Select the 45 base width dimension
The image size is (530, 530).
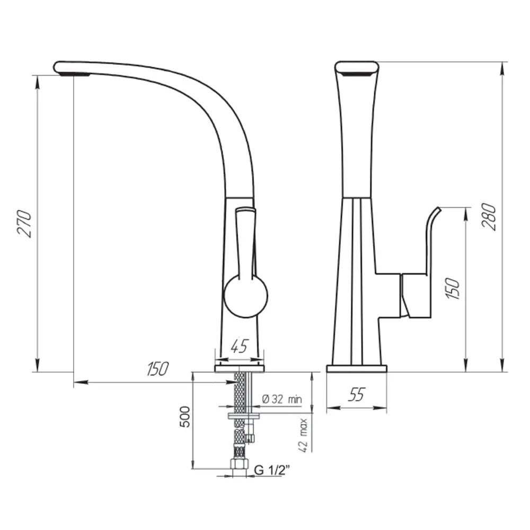pyautogui.click(x=240, y=347)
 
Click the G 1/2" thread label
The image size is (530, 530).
pyautogui.click(x=273, y=470)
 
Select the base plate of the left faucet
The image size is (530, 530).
pyautogui.click(x=239, y=367)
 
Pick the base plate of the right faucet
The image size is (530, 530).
pyautogui.click(x=356, y=368)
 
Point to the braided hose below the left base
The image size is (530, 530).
pyautogui.click(x=240, y=390)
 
